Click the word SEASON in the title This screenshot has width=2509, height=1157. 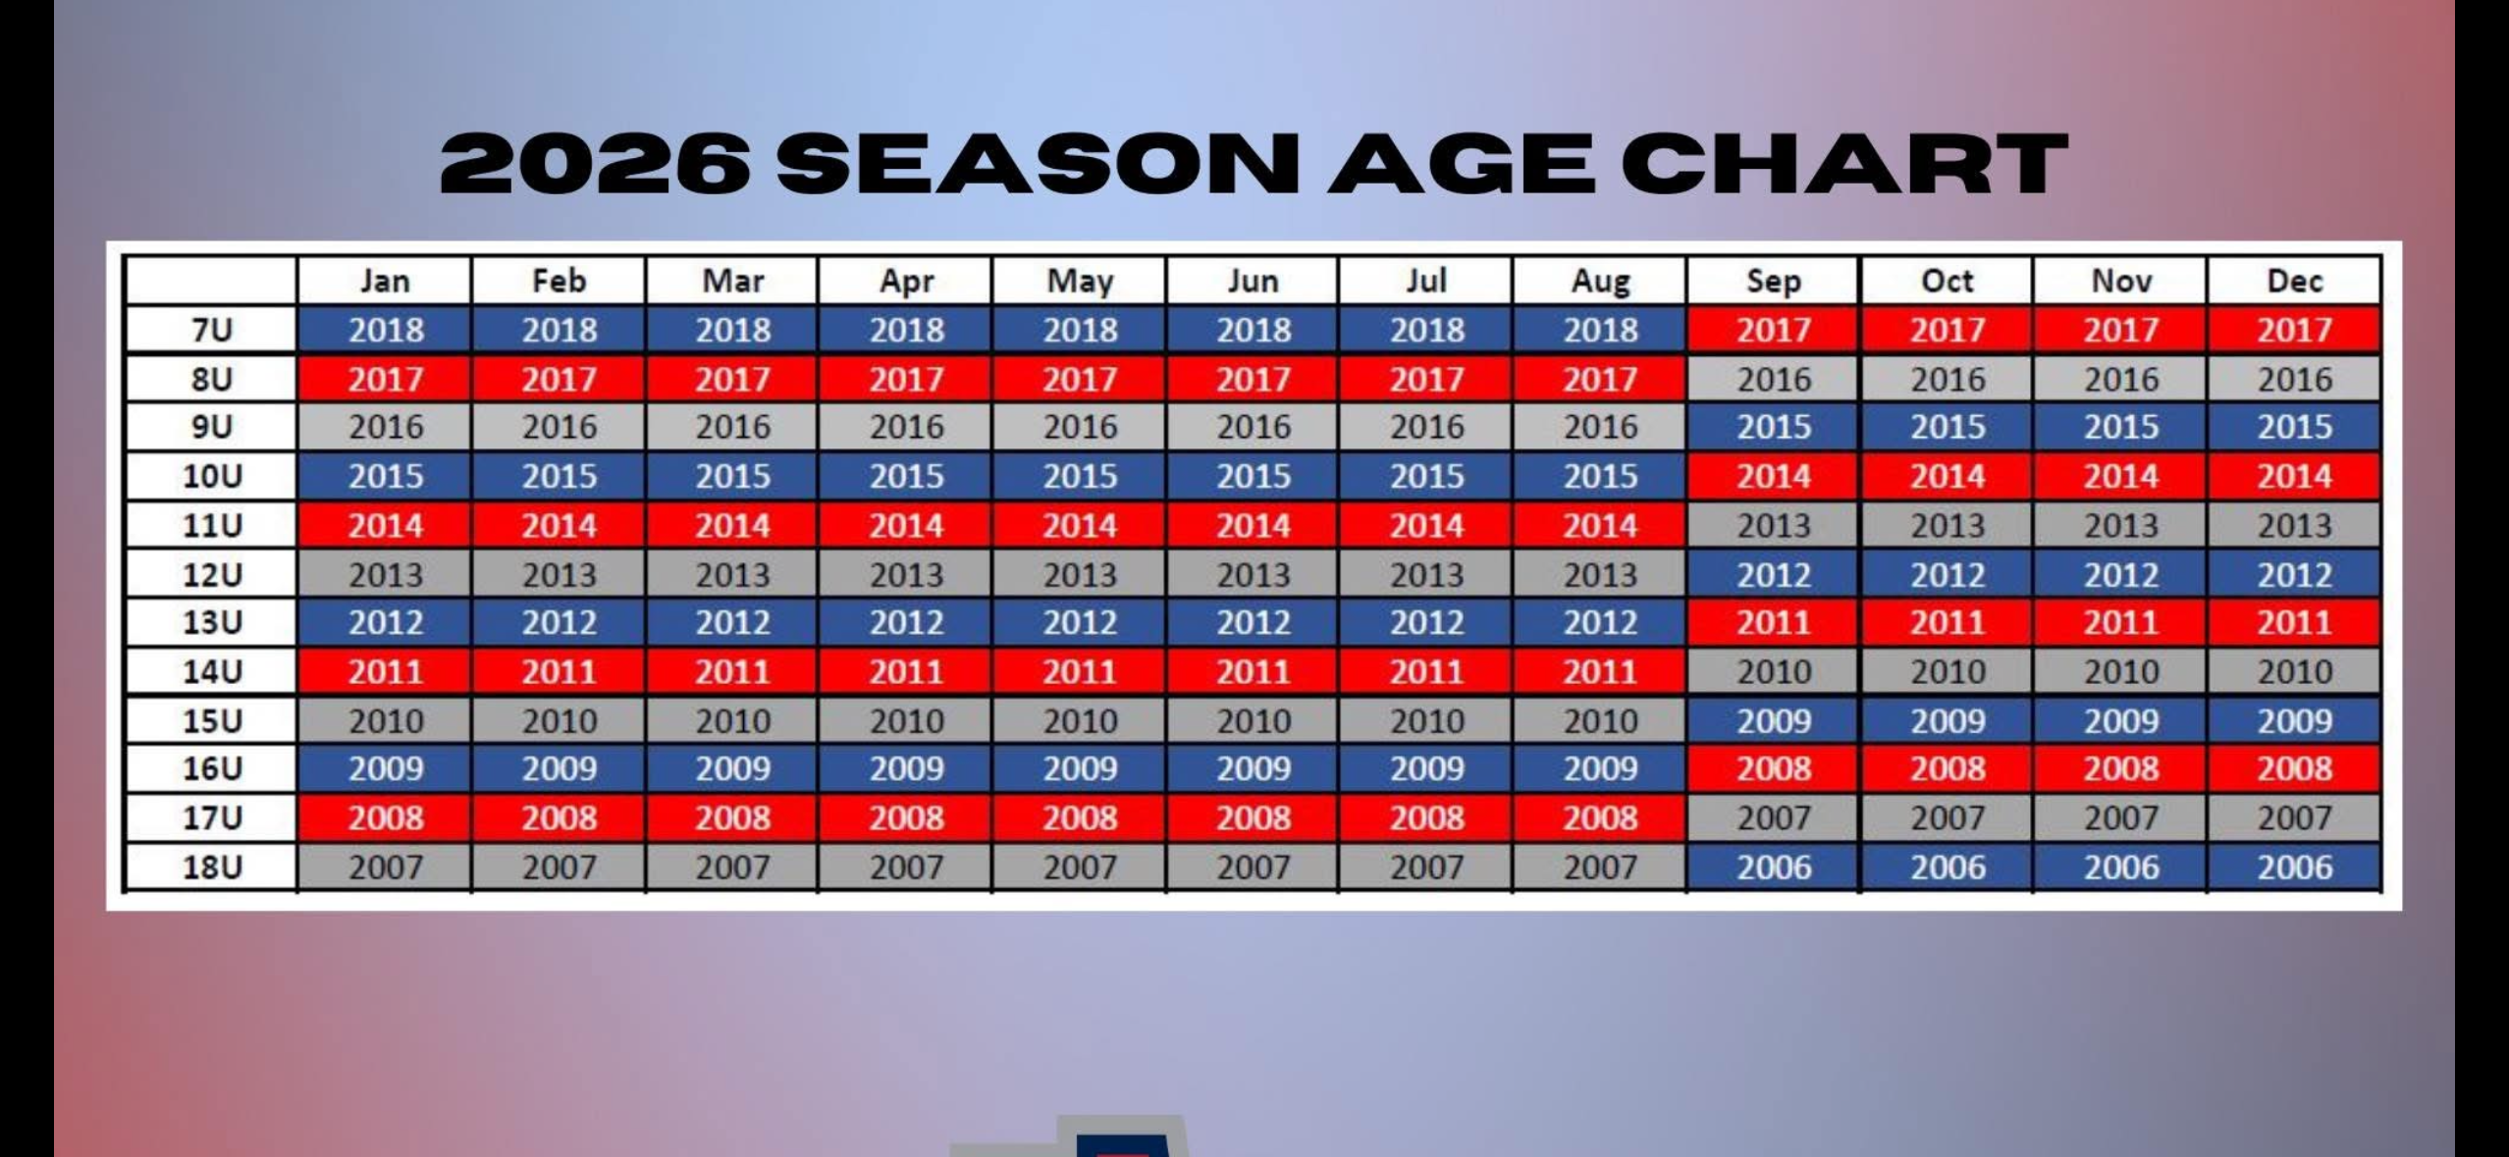pyautogui.click(x=1039, y=163)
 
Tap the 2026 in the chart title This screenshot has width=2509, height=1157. pyautogui.click(x=595, y=163)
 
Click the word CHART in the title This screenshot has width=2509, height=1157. pyautogui.click(x=1844, y=163)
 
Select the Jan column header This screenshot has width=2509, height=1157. pyautogui.click(x=385, y=282)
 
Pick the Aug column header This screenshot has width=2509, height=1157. pyautogui.click(x=1600, y=282)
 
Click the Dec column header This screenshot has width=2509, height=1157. pyautogui.click(x=2294, y=282)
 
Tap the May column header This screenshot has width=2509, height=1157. pyautogui.click(x=1080, y=282)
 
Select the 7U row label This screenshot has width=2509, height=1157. pyautogui.click(x=212, y=330)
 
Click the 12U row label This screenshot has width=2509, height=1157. pyautogui.click(x=212, y=574)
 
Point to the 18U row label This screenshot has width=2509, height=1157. pyautogui.click(x=212, y=868)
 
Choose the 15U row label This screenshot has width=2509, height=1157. pyautogui.click(x=212, y=721)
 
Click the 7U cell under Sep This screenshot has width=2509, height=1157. pyautogui.click(x=1774, y=330)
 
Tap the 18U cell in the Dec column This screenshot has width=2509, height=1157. pyautogui.click(x=2294, y=868)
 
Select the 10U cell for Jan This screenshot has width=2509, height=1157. pyautogui.click(x=385, y=477)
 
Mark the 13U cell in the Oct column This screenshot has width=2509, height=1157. pyautogui.click(x=1948, y=623)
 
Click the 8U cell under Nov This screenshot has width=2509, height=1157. pyautogui.click(x=2121, y=379)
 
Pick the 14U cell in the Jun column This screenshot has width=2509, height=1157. pyautogui.click(x=1254, y=672)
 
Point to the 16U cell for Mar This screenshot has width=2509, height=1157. pyautogui.click(x=732, y=769)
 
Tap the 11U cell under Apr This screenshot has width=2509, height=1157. pyautogui.click(x=906, y=526)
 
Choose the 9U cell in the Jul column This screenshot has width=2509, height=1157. pyautogui.click(x=1426, y=428)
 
